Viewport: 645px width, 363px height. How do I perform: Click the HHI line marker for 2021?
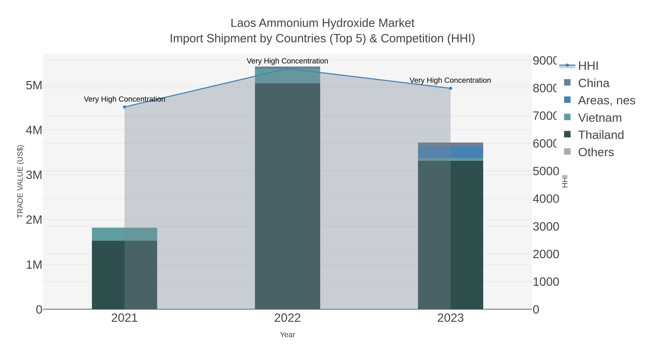tap(125, 107)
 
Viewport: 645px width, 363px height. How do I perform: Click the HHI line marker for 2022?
tap(287, 68)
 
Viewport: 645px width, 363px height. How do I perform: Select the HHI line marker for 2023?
tap(450, 88)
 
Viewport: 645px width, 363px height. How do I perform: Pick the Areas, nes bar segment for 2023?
tap(450, 152)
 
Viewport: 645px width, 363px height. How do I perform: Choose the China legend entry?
tap(593, 83)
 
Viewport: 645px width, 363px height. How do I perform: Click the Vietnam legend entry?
tap(600, 118)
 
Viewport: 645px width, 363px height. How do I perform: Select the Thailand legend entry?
tap(601, 135)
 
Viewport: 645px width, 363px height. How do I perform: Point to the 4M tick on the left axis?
tap(34, 130)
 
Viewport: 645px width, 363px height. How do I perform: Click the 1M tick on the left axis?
tap(34, 265)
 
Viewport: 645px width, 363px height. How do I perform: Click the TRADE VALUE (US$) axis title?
tap(20, 181)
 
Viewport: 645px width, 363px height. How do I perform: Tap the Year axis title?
tap(287, 335)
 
